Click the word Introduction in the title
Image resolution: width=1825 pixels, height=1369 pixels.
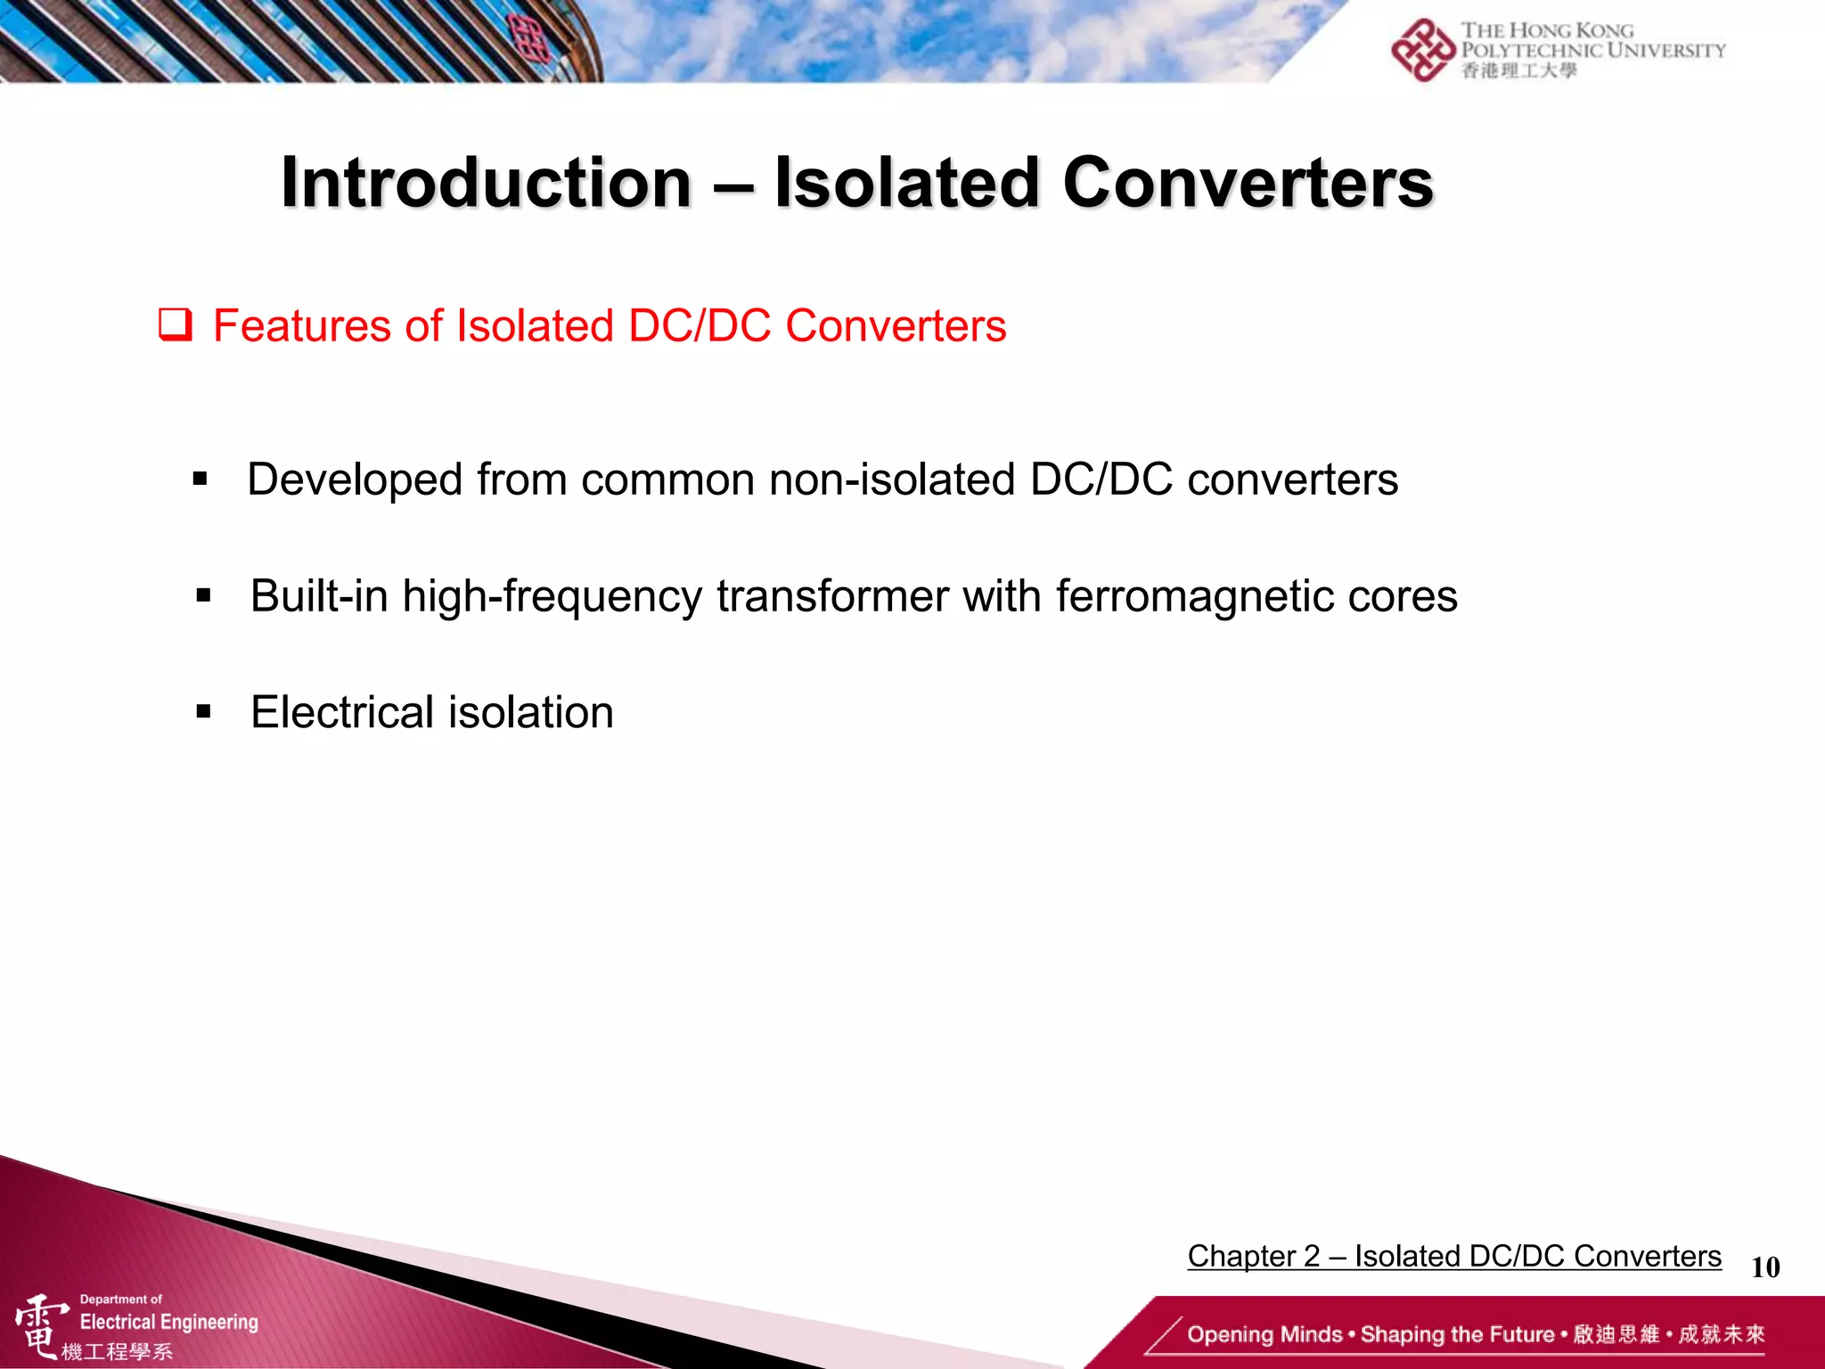487,183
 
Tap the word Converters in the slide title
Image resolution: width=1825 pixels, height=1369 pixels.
1248,183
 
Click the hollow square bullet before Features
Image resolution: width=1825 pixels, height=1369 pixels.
175,324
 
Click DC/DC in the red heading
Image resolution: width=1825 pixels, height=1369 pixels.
700,326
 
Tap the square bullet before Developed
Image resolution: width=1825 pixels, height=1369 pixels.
200,480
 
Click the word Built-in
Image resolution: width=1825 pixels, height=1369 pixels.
319,595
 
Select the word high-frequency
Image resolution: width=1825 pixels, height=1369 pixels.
552,597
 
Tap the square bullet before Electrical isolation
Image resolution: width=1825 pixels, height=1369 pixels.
203,712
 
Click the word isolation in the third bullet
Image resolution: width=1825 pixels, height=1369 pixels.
531,712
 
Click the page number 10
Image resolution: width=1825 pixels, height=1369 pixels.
1764,1267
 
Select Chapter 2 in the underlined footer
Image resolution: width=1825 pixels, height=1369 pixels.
1253,1256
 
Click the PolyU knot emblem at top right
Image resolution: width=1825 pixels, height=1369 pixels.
1422,50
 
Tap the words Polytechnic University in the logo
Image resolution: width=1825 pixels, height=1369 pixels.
1592,51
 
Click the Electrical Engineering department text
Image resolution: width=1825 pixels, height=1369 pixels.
168,1322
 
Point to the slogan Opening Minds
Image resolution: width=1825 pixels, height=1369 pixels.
1264,1334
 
